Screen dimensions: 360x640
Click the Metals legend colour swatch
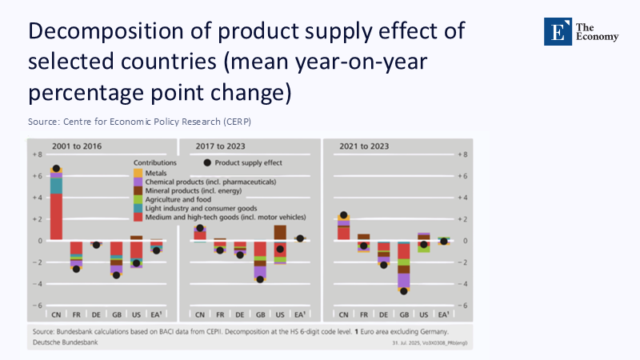(x=138, y=172)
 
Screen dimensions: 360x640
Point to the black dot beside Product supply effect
(x=207, y=162)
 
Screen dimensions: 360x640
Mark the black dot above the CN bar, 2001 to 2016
(x=56, y=169)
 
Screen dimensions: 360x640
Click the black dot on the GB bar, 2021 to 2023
(x=403, y=291)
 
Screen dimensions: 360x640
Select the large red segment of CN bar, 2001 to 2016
(x=56, y=216)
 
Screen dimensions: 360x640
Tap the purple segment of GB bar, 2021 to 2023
(x=403, y=280)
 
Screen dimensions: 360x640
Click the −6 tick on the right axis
(x=462, y=306)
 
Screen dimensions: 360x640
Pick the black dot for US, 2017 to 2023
(x=279, y=249)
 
